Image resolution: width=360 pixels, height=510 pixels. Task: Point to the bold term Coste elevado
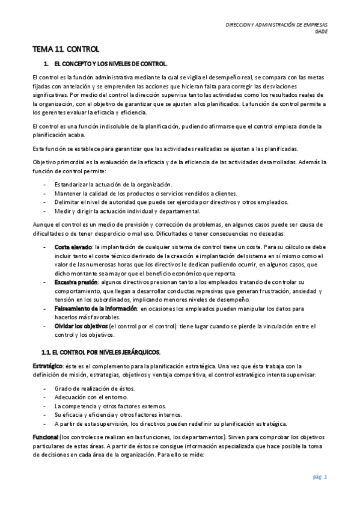[73, 247]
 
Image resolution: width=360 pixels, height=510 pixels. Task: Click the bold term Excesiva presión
[77, 281]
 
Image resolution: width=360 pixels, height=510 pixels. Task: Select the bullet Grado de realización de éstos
[94, 389]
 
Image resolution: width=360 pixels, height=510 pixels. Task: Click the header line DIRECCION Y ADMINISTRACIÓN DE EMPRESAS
[280, 25]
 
